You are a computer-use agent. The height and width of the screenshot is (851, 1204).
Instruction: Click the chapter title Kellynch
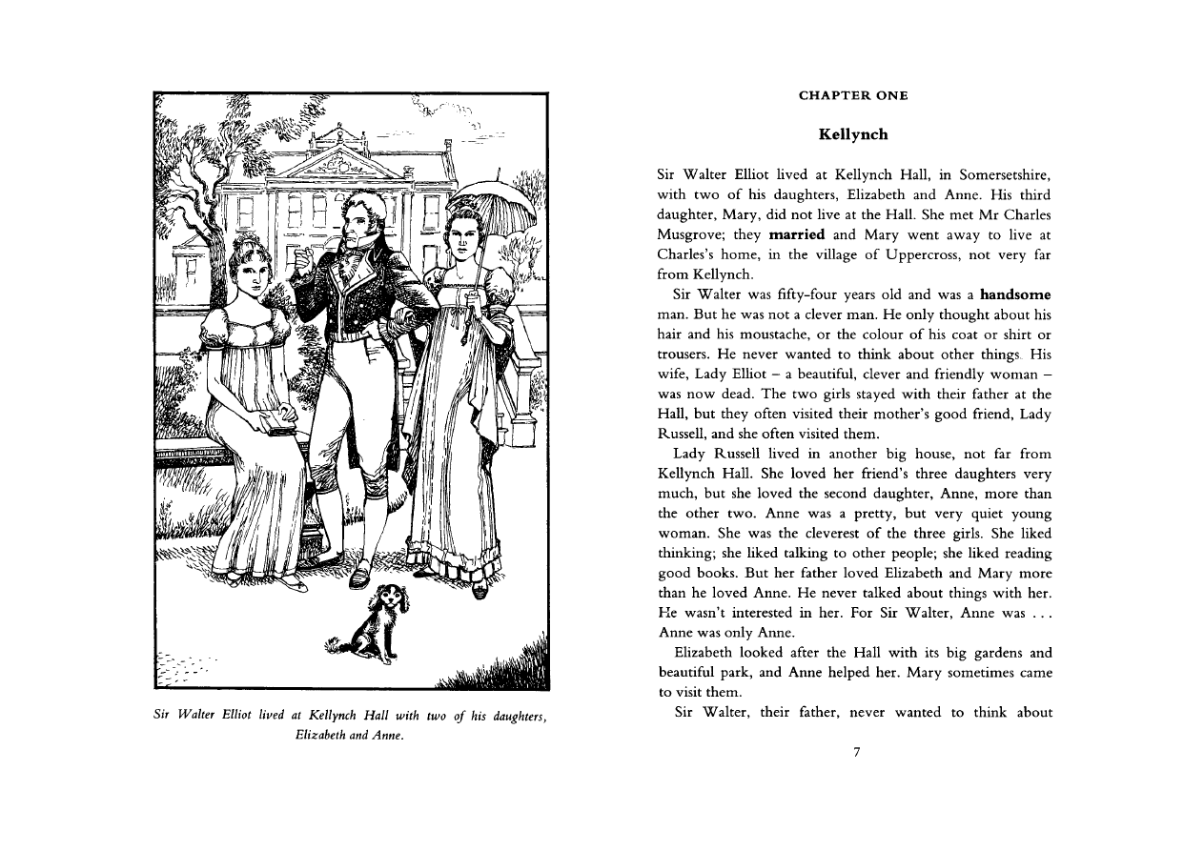tap(853, 134)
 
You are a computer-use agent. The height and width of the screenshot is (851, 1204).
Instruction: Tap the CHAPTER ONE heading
tap(853, 95)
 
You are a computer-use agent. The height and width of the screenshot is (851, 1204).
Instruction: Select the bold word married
tap(797, 234)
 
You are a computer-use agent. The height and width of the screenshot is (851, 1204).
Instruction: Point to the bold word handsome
tap(1015, 294)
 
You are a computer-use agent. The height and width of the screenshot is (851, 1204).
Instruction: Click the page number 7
tap(856, 752)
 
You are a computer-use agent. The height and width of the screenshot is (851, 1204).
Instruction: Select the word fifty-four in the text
tap(815, 294)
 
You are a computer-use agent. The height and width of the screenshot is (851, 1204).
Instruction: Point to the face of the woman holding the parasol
tap(461, 235)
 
